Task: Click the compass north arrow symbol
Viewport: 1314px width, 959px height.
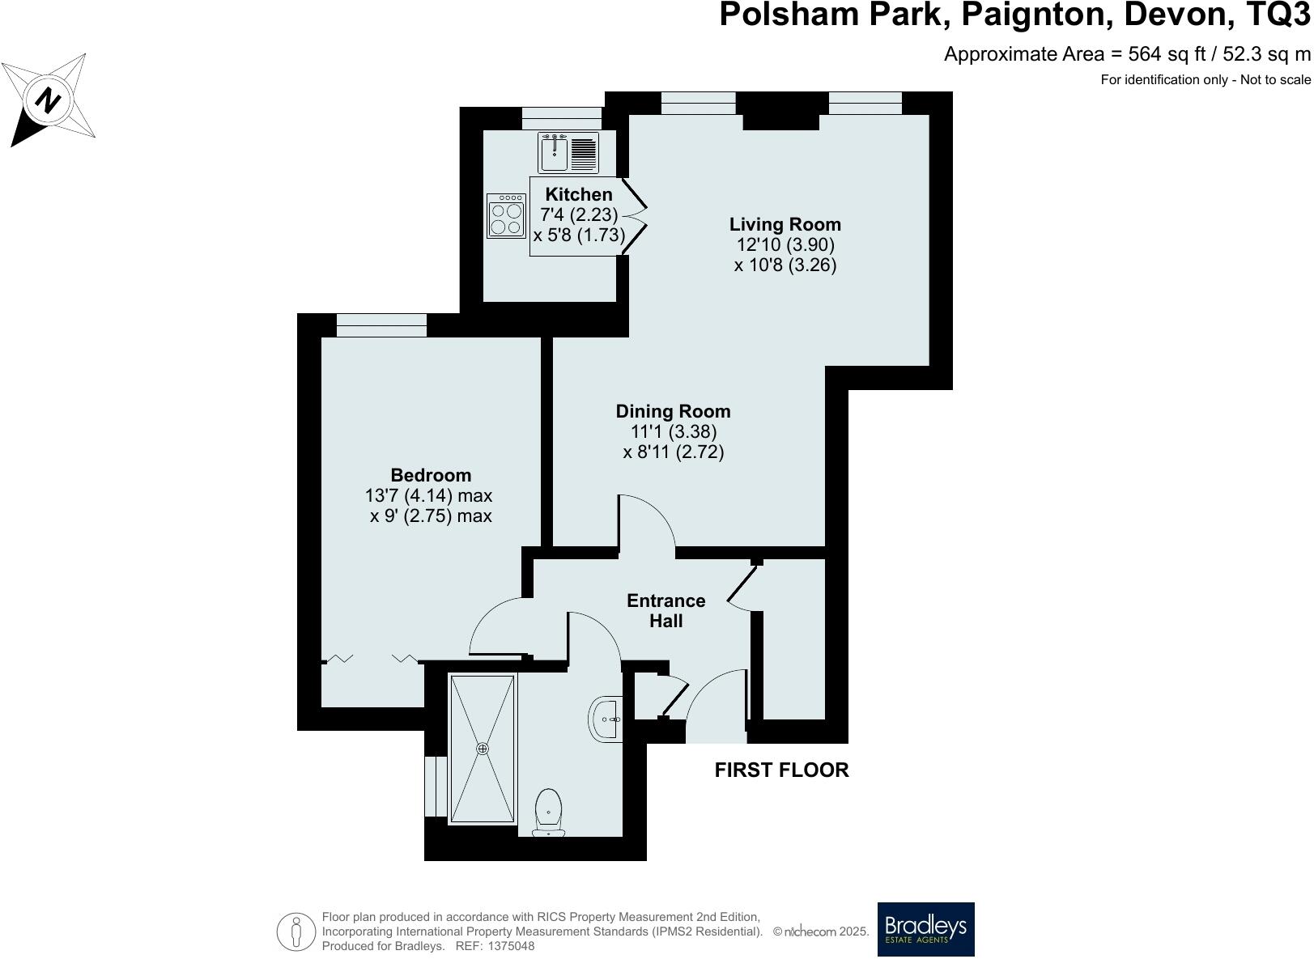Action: click(x=49, y=101)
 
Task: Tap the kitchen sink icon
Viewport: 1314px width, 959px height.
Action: click(x=555, y=153)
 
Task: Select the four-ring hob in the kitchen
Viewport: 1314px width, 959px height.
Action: click(x=506, y=216)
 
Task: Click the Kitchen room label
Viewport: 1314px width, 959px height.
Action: click(x=579, y=194)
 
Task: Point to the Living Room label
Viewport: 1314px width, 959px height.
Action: click(x=785, y=224)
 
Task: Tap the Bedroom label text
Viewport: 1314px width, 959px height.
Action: click(x=431, y=475)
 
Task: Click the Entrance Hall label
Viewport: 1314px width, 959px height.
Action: click(x=666, y=611)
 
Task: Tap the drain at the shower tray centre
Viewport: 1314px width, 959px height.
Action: click(x=483, y=749)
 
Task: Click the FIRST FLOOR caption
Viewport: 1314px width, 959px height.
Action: click(x=781, y=770)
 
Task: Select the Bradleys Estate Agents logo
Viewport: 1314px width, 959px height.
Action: click(x=926, y=929)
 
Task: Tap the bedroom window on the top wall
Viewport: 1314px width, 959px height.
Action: click(x=381, y=325)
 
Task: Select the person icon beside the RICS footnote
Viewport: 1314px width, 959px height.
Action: click(x=296, y=931)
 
